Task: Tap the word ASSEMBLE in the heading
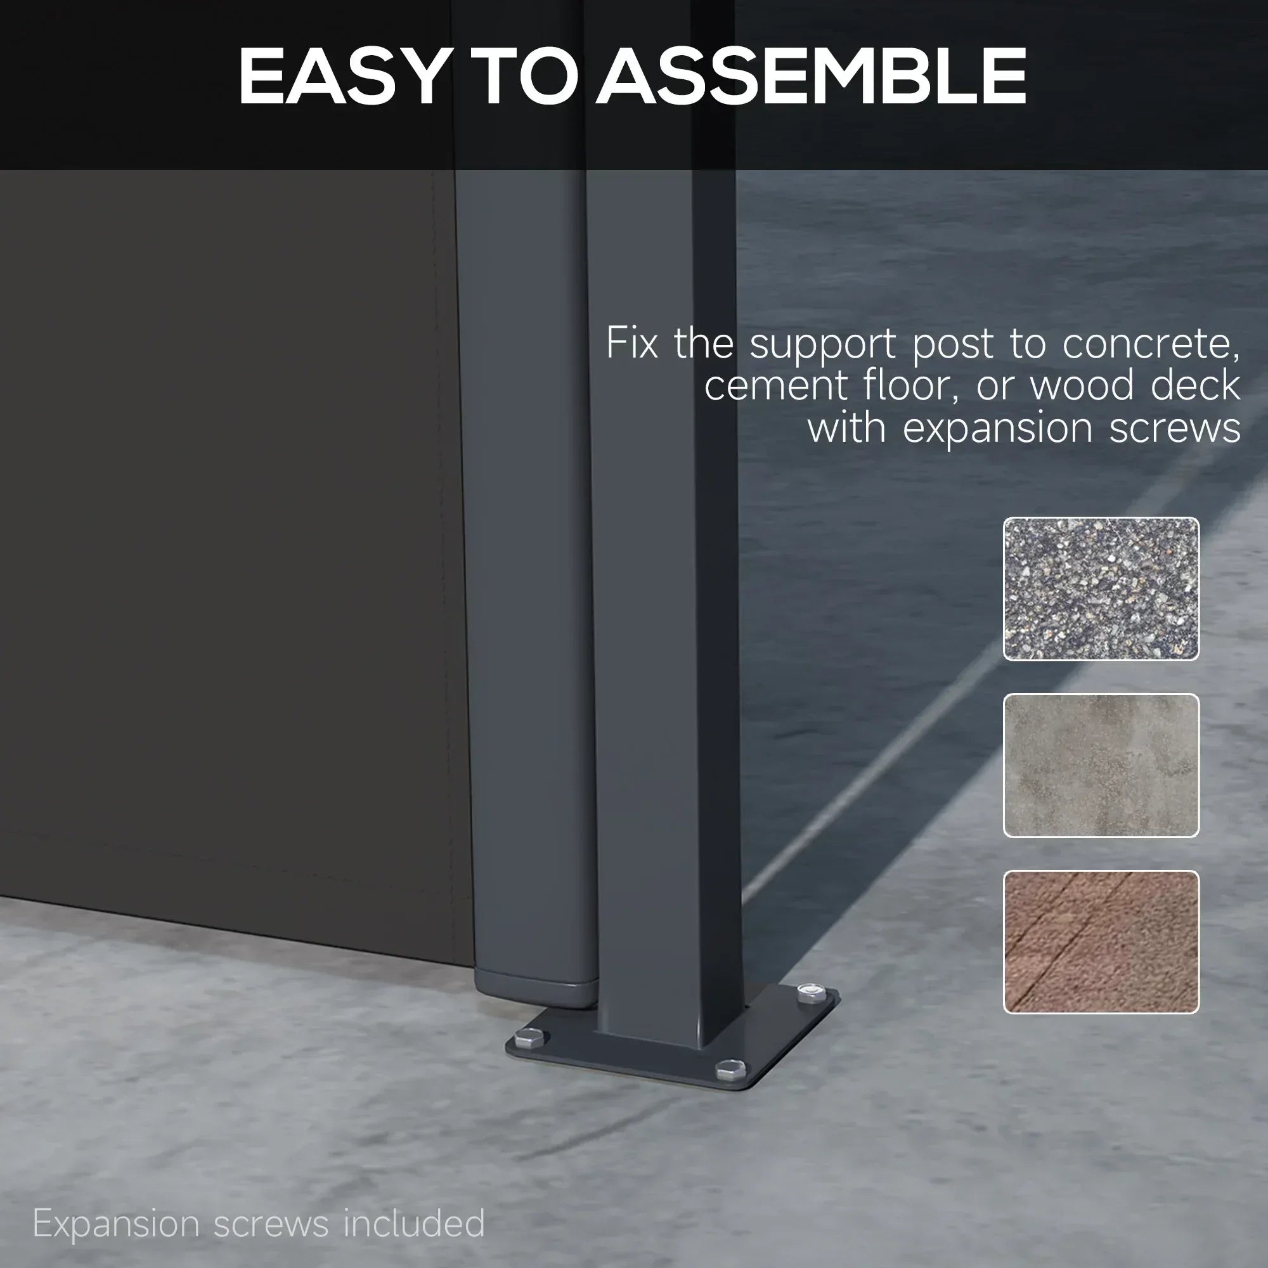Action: (x=812, y=76)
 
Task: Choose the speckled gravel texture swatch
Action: (x=1101, y=588)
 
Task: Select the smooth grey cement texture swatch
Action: (x=1101, y=765)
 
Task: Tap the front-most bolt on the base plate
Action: (x=729, y=1070)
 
